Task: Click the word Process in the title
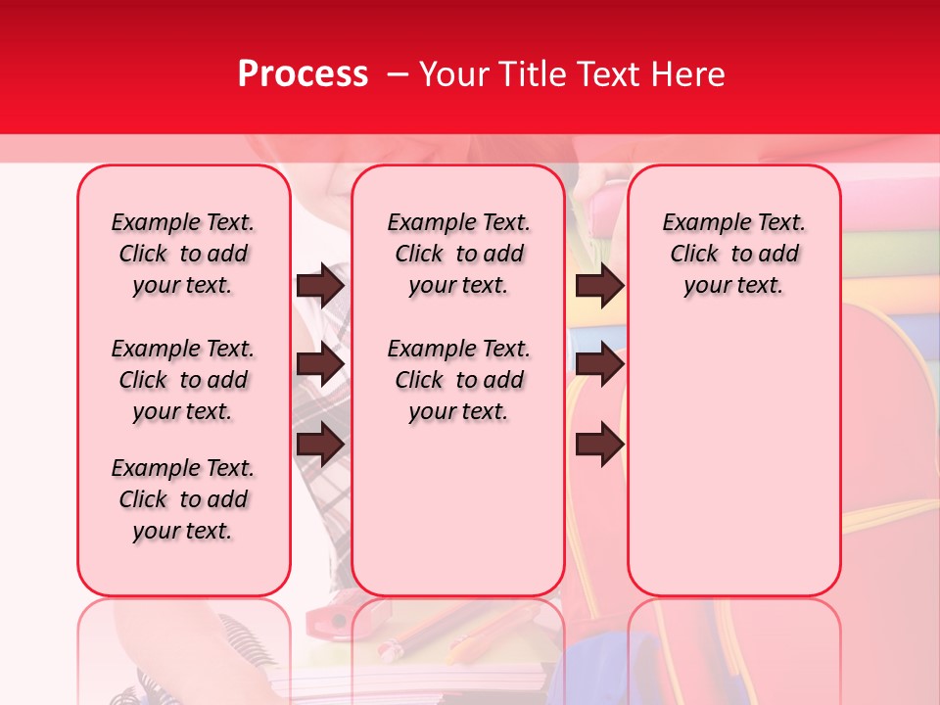point(303,74)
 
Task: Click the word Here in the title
point(684,74)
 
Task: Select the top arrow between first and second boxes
point(320,285)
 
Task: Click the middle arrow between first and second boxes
point(320,365)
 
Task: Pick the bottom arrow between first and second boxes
point(320,444)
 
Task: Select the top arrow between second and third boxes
point(599,285)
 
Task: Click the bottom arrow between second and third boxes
point(599,444)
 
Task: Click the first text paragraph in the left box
point(183,254)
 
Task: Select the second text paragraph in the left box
point(183,380)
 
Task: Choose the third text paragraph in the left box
point(183,499)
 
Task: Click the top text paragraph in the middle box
point(458,254)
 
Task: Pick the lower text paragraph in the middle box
point(458,380)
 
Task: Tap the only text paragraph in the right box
point(733,254)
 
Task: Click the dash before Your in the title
point(398,75)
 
